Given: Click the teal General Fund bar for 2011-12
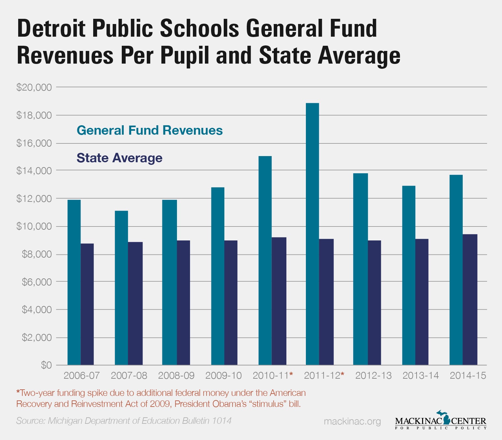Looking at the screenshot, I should pyautogui.click(x=312, y=234).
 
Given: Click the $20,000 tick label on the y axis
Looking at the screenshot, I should pyautogui.click(x=34, y=87).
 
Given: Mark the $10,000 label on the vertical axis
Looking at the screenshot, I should pyautogui.click(x=34, y=226).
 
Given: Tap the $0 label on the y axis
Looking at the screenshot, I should pyautogui.click(x=46, y=365).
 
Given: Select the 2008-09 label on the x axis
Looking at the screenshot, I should pyautogui.click(x=176, y=376).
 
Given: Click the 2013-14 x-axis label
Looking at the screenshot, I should pyautogui.click(x=420, y=376).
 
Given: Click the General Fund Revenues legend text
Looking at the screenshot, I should pyautogui.click(x=150, y=130).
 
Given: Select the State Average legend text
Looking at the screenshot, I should pyautogui.click(x=119, y=158).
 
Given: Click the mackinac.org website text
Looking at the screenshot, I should pyautogui.click(x=352, y=422).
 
